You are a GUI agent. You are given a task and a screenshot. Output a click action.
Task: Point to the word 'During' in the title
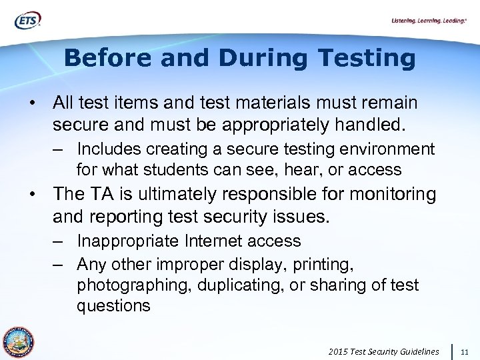click(265, 58)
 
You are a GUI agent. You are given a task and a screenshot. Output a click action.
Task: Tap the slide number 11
click(465, 351)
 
